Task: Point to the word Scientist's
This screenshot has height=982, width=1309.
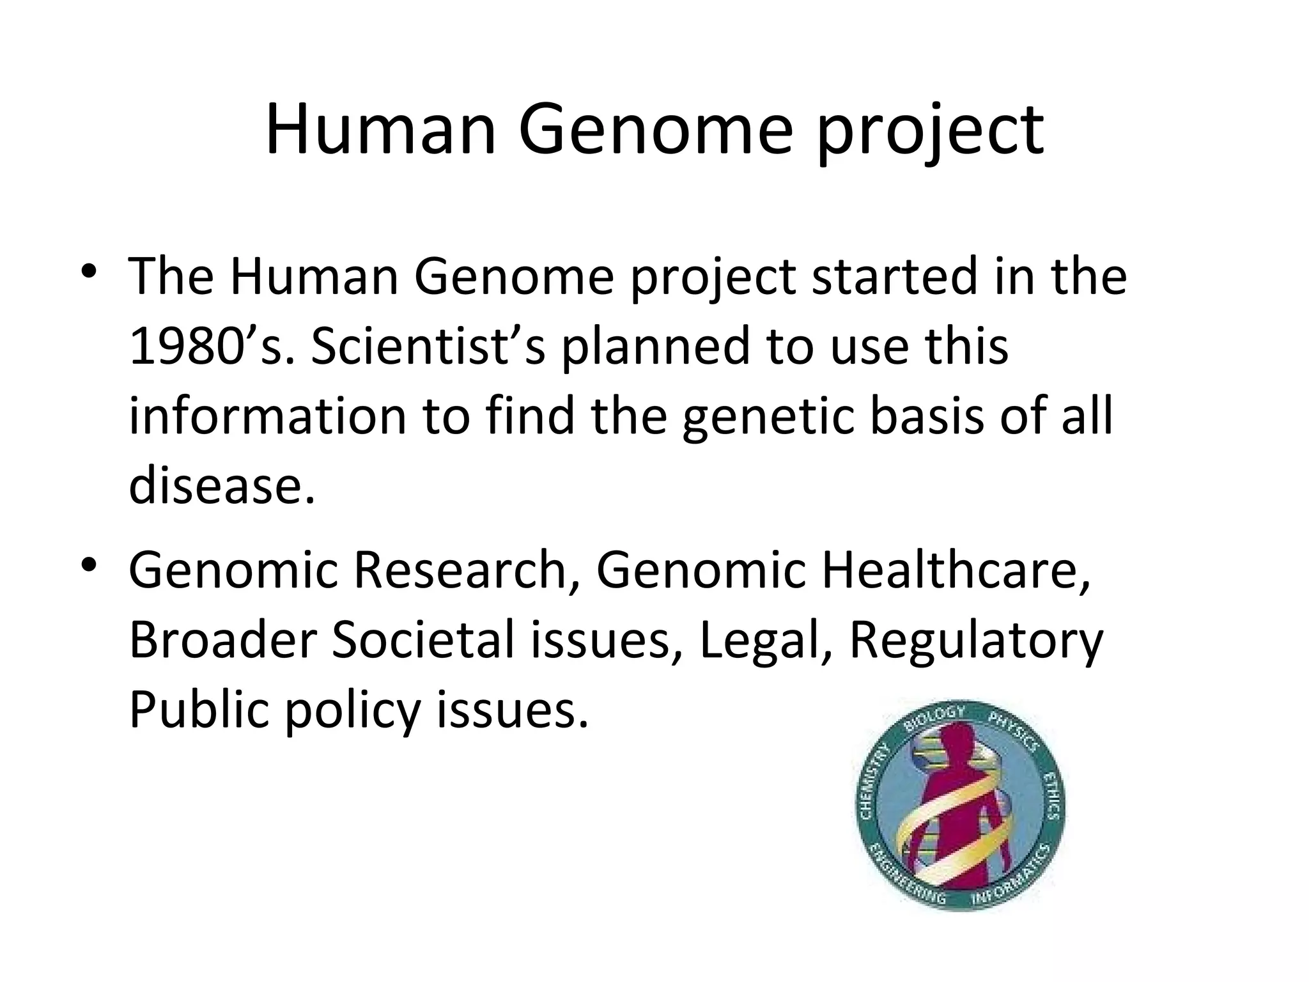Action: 428,347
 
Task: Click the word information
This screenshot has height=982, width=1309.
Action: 268,417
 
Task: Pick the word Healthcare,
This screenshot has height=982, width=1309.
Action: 956,570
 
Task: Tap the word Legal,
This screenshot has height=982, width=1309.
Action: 758,641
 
